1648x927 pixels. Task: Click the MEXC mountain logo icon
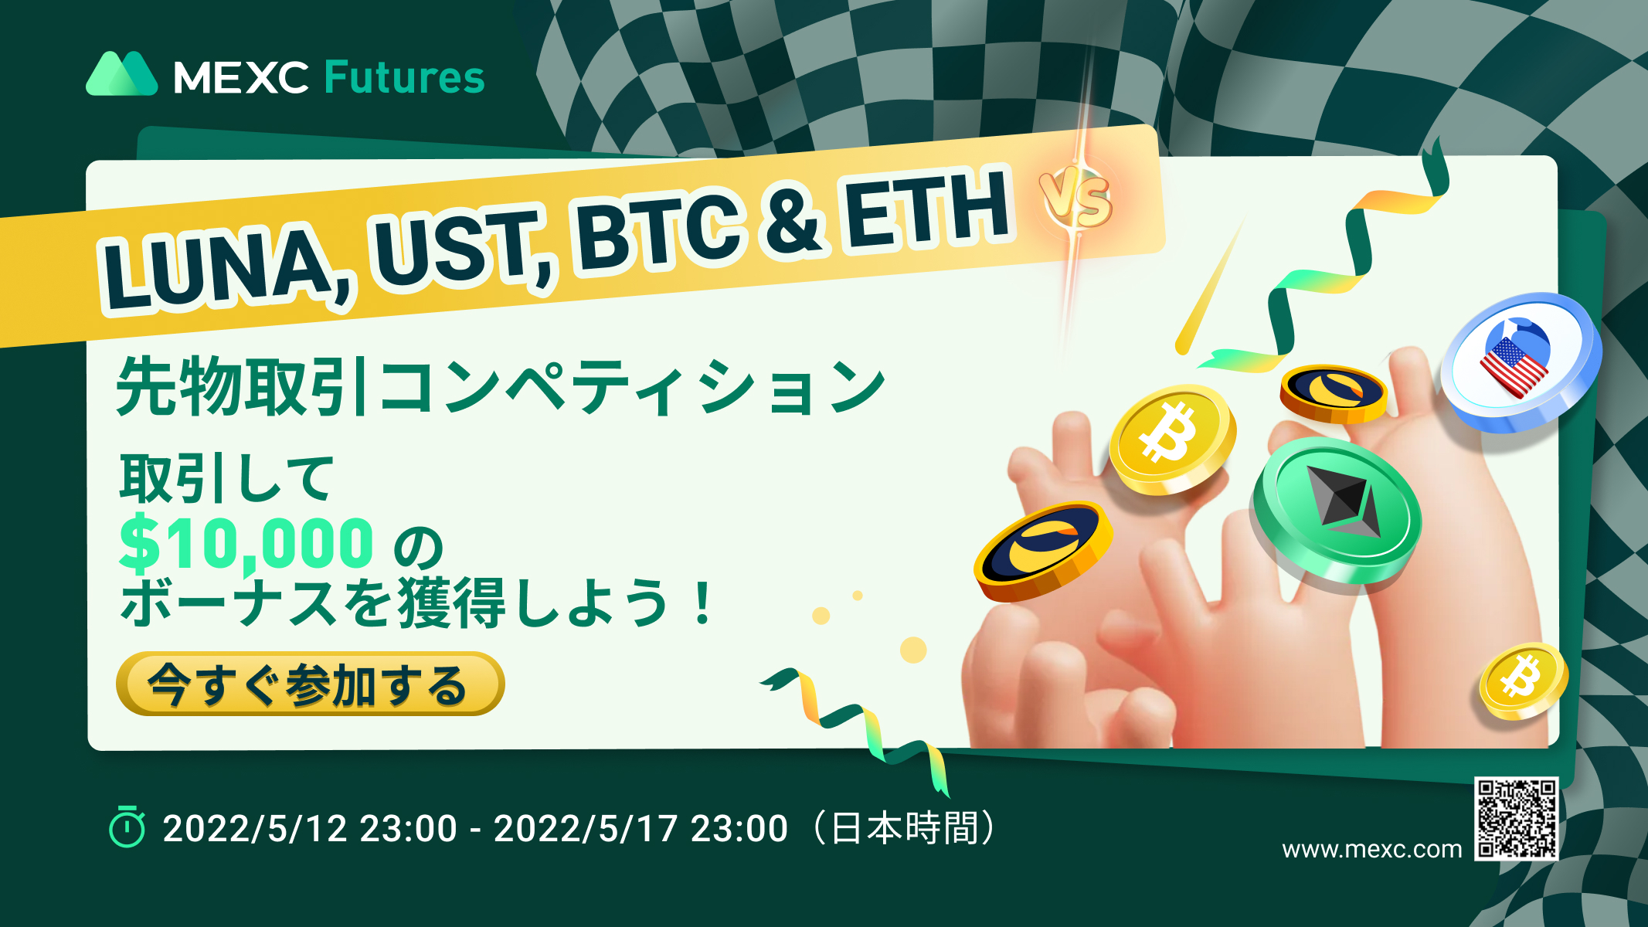point(121,74)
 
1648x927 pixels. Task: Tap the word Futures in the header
point(404,77)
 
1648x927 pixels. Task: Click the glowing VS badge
point(1076,199)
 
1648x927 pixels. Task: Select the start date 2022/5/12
point(255,828)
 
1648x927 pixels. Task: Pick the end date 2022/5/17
point(586,828)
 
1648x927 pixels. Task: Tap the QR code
point(1516,819)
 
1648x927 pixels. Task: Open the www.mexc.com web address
point(1371,849)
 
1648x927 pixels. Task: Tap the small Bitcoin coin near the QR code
point(1522,681)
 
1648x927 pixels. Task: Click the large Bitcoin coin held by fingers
point(1171,438)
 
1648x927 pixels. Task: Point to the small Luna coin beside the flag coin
point(1333,392)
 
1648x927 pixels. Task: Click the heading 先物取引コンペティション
point(501,386)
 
